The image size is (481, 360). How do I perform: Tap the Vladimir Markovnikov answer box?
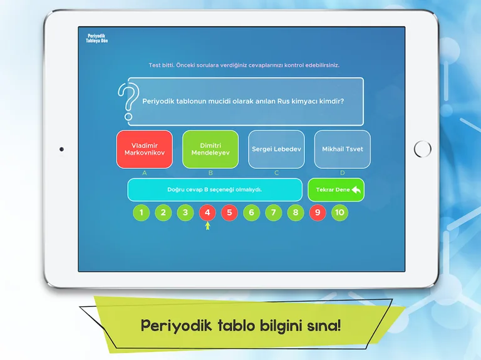(x=144, y=149)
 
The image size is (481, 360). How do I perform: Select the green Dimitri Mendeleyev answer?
(x=210, y=149)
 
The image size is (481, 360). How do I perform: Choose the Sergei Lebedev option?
(x=276, y=149)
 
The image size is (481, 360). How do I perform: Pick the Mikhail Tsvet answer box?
(x=342, y=149)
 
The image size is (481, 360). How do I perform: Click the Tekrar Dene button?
(x=336, y=190)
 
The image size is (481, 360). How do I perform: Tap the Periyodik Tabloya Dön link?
(x=97, y=38)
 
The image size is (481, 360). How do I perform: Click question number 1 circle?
(x=141, y=213)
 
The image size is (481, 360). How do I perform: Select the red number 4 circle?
(x=207, y=213)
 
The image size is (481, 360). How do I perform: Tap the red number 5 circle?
(x=229, y=213)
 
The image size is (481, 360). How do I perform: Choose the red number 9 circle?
(x=318, y=213)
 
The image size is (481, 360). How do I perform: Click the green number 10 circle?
(x=339, y=213)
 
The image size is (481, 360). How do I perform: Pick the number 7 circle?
(x=273, y=213)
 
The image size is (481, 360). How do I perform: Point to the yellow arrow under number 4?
(x=207, y=225)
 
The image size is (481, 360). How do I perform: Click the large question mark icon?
(x=127, y=101)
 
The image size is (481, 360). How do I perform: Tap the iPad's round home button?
(x=423, y=149)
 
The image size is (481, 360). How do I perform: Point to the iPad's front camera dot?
(x=61, y=149)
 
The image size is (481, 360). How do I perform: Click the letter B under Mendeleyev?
(x=210, y=172)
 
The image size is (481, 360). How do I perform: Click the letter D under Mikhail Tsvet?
(x=342, y=172)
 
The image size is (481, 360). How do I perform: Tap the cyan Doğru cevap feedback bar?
(x=215, y=190)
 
